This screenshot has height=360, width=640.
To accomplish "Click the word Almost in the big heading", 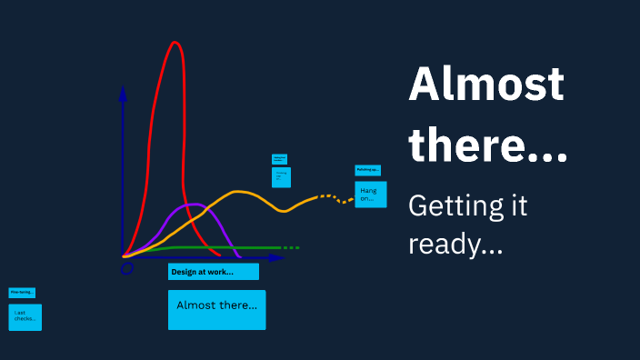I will tap(485, 85).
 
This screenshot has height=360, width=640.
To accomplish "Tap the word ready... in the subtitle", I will tap(455, 243).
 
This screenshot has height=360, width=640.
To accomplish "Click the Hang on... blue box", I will tap(370, 195).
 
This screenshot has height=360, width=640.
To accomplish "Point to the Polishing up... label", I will tap(367, 170).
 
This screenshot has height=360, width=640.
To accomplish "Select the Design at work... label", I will tap(214, 272).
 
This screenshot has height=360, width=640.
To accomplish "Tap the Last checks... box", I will tap(25, 316).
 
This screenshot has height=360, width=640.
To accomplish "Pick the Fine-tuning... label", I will tap(22, 293).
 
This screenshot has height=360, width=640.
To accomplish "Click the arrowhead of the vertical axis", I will tap(123, 93).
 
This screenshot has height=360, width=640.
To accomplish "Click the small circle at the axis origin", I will tap(126, 267).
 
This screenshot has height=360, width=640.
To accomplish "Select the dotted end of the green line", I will tap(289, 247).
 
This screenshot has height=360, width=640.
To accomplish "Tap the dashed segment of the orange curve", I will tap(333, 197).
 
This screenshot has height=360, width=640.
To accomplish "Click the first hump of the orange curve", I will tap(239, 192).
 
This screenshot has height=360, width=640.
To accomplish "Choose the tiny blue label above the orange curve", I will tap(279, 159).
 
